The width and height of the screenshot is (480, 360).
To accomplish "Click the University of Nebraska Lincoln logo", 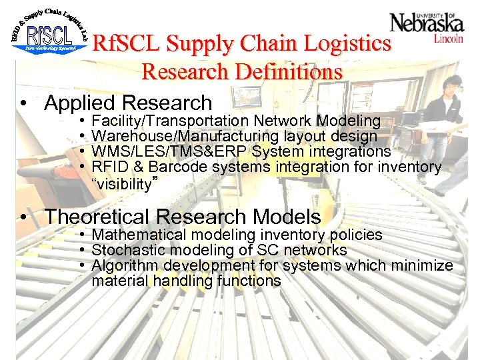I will (427, 27).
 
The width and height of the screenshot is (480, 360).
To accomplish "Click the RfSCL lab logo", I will (50, 33).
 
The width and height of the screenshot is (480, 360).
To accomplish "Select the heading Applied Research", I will (127, 103).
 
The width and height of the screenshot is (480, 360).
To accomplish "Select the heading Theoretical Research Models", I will (183, 217).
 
